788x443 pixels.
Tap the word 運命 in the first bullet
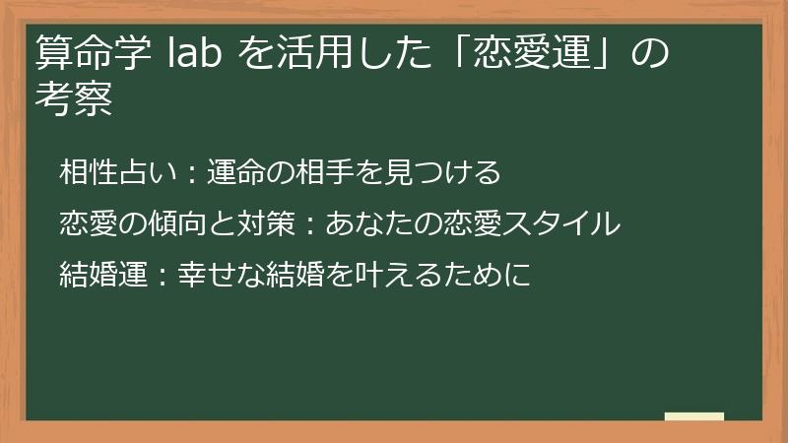tap(234, 173)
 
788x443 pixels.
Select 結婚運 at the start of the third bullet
tap(98, 274)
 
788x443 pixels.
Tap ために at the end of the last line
tap(492, 274)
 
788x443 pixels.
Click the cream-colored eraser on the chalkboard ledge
tap(694, 416)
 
